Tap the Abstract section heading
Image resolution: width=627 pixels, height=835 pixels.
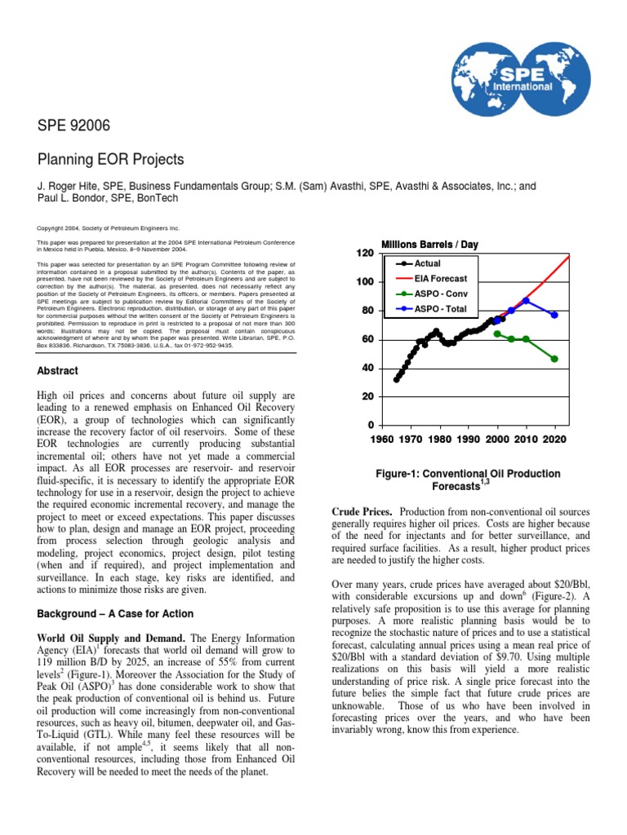click(x=57, y=371)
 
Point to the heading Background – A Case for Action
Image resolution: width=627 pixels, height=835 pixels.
click(x=120, y=613)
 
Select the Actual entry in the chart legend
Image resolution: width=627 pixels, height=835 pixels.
click(x=429, y=263)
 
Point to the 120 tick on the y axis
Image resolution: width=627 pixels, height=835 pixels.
click(x=364, y=254)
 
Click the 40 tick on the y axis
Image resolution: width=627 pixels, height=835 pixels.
click(x=367, y=368)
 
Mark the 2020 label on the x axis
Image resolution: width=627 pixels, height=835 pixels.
click(x=554, y=439)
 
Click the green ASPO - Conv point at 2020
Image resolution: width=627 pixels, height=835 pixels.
click(x=554, y=359)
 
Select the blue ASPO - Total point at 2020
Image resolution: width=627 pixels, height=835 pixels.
click(x=554, y=315)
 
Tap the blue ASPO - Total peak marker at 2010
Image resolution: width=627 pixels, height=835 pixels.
click(x=527, y=300)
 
